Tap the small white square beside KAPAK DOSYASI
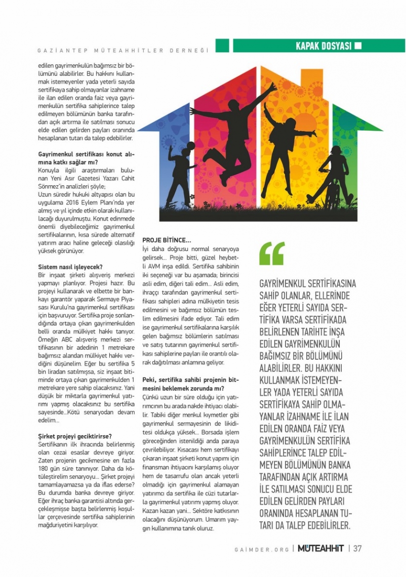coord(358,46)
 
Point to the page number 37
coord(357,548)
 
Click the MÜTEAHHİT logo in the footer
coord(320,548)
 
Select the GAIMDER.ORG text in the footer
coord(262,549)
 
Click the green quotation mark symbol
coord(272,253)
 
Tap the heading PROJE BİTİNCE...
coord(166,240)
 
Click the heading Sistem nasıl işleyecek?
coord(70,267)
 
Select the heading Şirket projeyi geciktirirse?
coord(75,436)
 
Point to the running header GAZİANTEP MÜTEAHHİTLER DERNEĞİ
coord(124,50)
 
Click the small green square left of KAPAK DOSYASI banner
coord(222,46)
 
